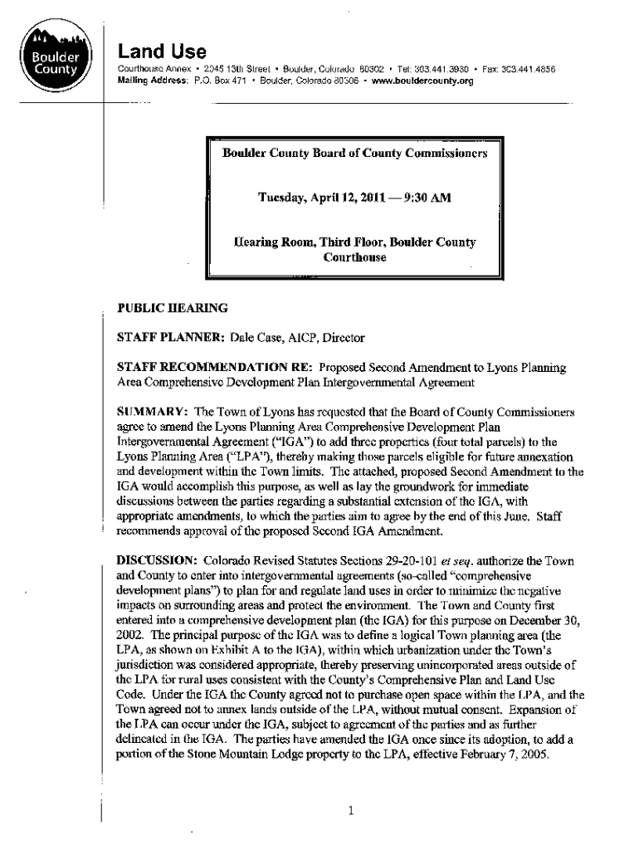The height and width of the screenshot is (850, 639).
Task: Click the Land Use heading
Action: pyautogui.click(x=162, y=51)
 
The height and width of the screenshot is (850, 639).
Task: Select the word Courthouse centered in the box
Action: pyautogui.click(x=354, y=257)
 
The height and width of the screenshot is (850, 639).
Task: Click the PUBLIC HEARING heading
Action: pyautogui.click(x=173, y=308)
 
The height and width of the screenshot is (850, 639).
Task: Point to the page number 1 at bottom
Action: pyautogui.click(x=351, y=812)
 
